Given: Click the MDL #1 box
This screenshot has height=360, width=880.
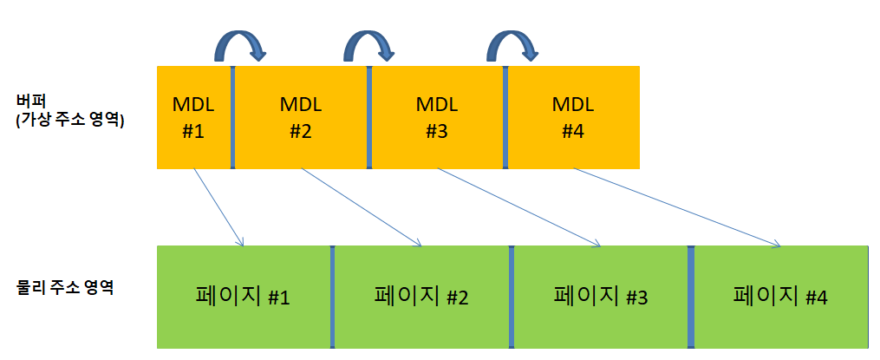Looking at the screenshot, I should [193, 117].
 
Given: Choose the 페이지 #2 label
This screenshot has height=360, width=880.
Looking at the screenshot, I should [421, 297].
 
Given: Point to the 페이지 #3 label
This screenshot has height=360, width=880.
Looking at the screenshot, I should [600, 297].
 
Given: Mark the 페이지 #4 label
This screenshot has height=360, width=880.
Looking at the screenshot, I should [780, 297].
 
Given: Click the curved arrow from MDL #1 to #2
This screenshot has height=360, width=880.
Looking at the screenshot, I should [238, 43].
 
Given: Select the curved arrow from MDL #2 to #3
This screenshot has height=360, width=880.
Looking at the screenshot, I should [369, 43].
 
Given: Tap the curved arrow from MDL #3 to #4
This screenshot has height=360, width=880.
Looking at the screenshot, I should [508, 43].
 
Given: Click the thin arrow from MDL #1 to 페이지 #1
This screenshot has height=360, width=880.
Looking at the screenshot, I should [218, 207].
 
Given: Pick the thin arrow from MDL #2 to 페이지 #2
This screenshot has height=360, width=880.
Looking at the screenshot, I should [360, 207].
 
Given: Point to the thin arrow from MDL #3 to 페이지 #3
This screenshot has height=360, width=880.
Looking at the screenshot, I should [518, 207].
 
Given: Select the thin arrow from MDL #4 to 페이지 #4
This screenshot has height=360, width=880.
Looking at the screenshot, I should [678, 207].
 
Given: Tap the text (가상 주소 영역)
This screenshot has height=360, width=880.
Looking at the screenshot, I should [70, 121].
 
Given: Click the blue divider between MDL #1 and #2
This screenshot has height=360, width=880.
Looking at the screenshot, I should [233, 117].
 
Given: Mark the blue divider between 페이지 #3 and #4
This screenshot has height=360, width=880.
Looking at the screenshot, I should [691, 297].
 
